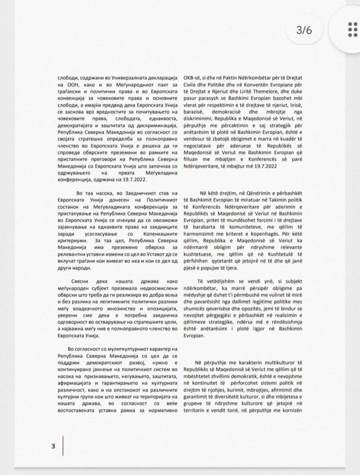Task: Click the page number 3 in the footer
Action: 53,446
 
